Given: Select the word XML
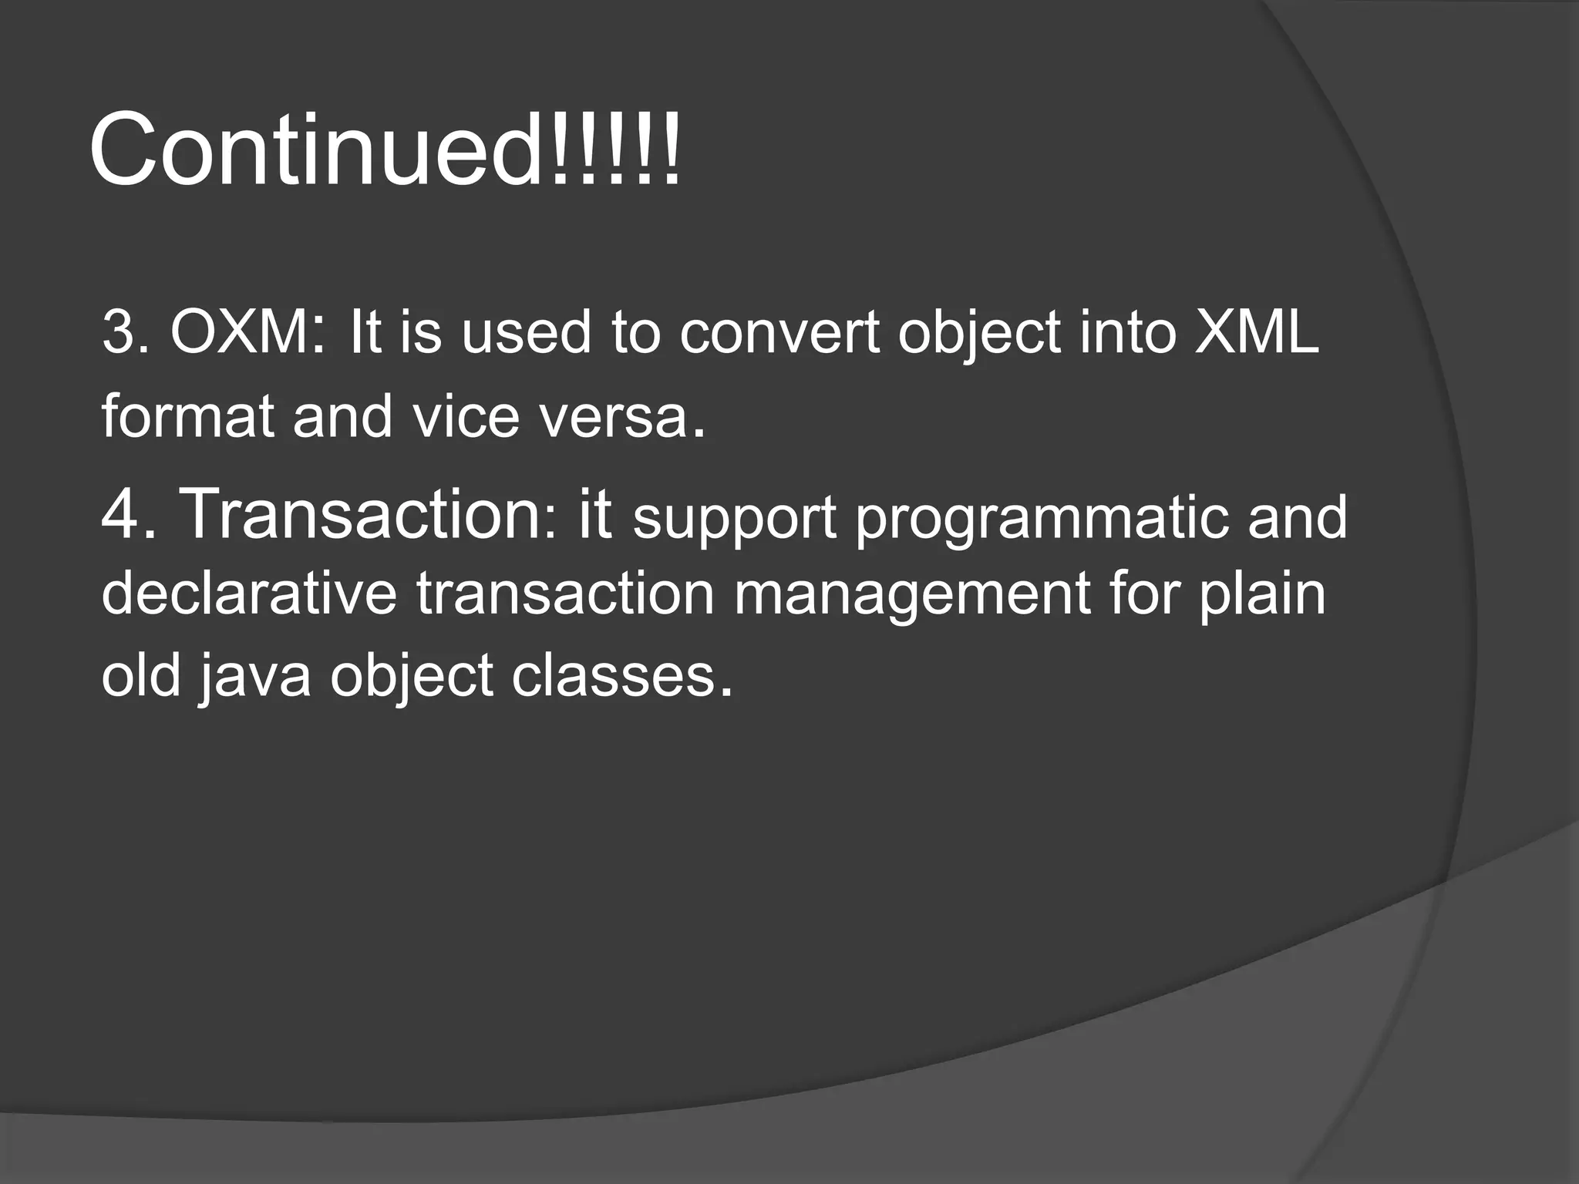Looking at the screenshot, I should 1257,333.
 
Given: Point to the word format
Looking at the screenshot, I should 187,416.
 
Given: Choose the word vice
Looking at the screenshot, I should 466,416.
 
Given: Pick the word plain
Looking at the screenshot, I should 1261,595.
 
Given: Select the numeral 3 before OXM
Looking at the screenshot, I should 117,333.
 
